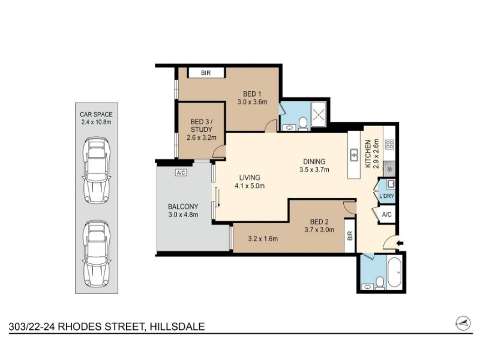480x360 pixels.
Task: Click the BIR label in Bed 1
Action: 206,73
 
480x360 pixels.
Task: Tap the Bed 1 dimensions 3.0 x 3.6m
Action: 252,102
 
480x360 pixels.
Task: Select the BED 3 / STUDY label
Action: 201,125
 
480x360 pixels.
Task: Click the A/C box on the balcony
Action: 181,173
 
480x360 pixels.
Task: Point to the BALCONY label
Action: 183,206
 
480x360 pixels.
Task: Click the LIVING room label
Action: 250,178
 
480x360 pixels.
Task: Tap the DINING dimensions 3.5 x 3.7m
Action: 314,170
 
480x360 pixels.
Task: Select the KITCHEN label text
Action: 368,154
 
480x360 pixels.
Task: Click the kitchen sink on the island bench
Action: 355,155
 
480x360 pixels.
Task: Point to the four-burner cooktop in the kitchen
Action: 389,144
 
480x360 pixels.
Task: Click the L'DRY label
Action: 386,196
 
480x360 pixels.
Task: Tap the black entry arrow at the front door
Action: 400,244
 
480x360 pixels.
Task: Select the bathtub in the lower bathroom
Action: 394,272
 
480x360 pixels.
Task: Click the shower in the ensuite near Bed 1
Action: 319,115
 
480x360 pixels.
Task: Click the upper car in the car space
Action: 97,171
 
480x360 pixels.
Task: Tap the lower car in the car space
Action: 97,254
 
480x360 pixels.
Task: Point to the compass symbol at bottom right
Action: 463,323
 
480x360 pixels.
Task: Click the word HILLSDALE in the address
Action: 177,326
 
